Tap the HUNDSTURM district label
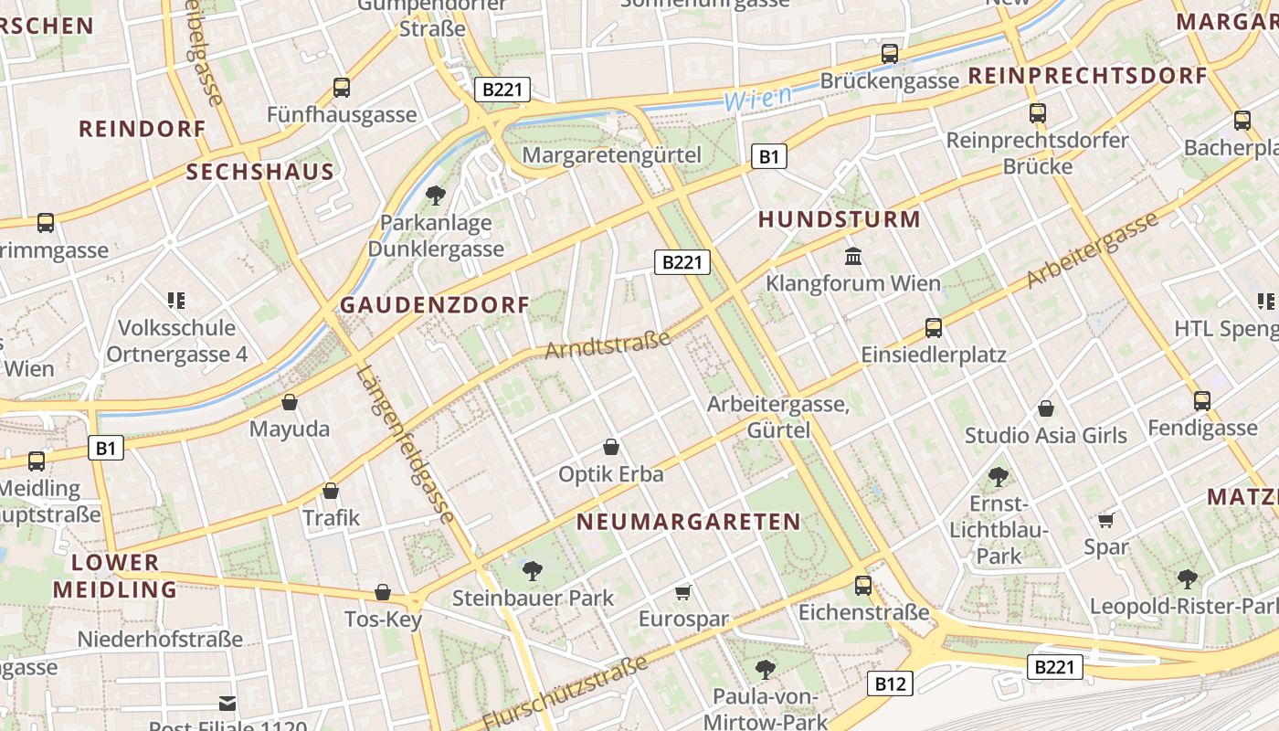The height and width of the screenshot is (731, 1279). [839, 219]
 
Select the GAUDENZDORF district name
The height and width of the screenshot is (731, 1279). [435, 305]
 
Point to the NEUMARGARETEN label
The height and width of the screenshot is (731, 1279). [689, 522]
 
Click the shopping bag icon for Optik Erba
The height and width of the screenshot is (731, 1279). [611, 447]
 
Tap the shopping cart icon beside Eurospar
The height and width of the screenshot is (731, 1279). [682, 593]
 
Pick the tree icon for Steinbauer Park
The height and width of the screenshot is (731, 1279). [532, 571]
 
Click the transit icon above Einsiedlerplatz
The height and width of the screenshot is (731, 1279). [933, 327]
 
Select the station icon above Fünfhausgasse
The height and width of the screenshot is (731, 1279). [341, 88]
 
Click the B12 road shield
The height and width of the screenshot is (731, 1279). [890, 683]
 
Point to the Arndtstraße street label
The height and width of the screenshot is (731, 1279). [608, 344]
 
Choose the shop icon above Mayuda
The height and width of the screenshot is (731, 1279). [290, 402]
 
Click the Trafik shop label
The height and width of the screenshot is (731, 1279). [331, 518]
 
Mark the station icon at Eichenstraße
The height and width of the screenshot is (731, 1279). [863, 586]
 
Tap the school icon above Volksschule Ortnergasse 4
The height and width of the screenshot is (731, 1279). [176, 300]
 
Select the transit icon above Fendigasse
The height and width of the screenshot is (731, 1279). [1201, 400]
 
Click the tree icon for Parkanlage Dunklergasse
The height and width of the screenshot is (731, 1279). [436, 195]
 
